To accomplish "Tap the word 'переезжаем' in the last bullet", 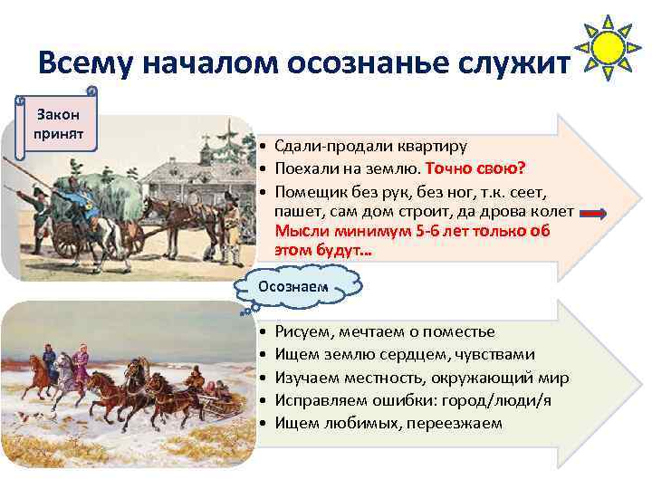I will point(462,423).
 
